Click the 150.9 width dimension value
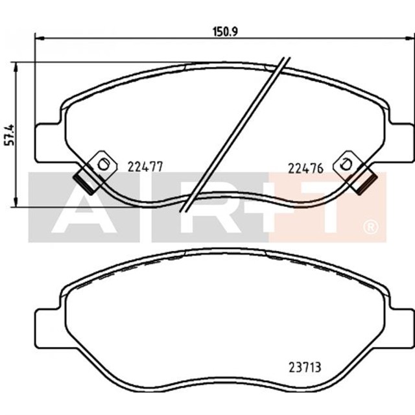222,30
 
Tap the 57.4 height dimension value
8,135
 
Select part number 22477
144,167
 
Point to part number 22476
305,167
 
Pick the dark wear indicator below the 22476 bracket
366,180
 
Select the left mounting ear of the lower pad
46,328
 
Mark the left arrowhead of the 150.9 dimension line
36,38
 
